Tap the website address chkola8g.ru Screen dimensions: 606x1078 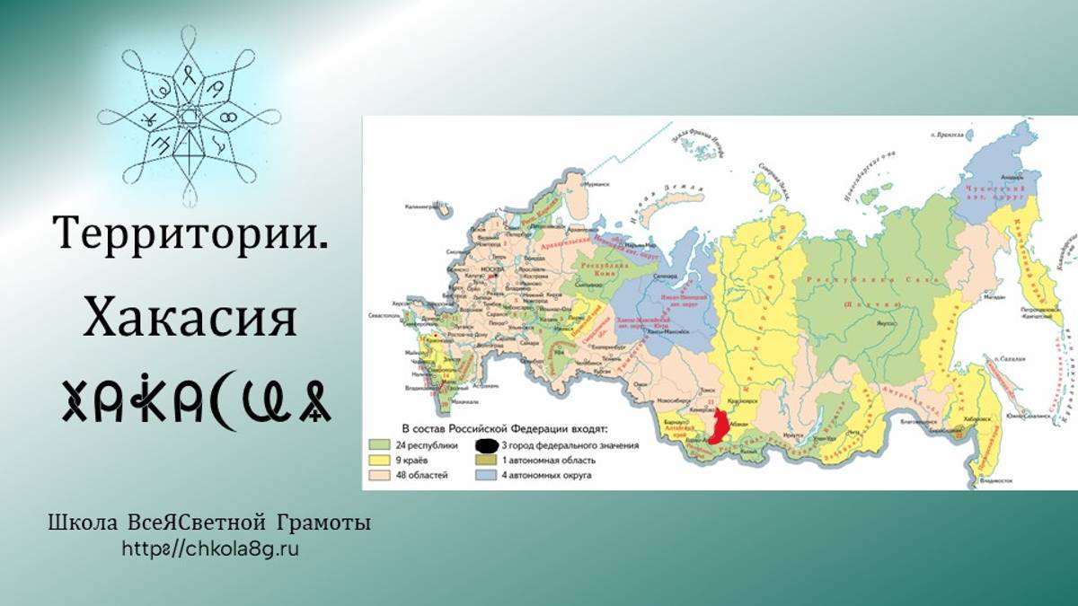click(209, 548)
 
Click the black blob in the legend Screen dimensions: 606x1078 click(487, 444)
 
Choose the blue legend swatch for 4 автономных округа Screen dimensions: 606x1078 click(487, 475)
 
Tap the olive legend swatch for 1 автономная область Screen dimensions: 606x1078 click(487, 460)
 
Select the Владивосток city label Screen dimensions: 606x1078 click(998, 481)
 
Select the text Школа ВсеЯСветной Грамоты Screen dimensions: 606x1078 click(209, 523)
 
